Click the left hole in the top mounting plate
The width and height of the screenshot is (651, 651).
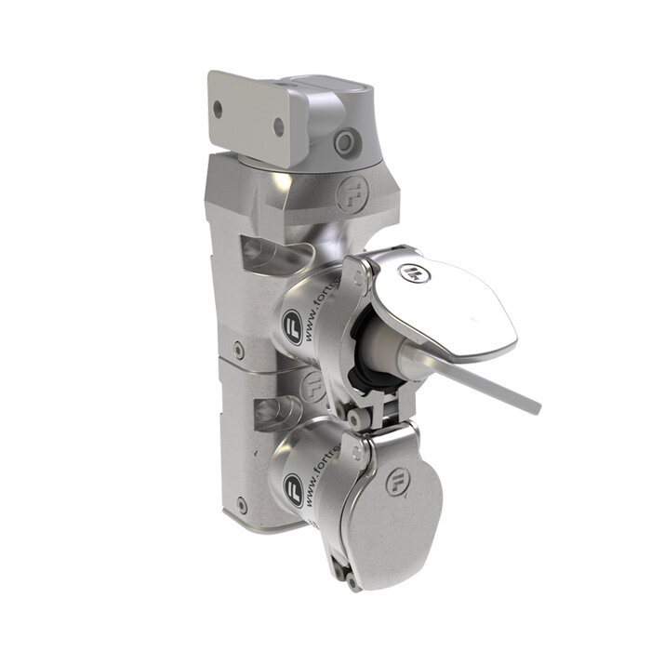218,110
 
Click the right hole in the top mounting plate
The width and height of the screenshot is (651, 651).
277,128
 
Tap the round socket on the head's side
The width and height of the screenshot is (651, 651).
348,142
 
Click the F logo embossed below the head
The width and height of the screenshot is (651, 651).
352,198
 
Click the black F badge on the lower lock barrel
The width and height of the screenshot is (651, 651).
293,486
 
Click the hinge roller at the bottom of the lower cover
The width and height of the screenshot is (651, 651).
352,582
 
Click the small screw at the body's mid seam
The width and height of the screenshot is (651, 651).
239,352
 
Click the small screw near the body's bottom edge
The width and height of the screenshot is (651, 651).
243,507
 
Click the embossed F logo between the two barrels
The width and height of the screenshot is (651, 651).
312,384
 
